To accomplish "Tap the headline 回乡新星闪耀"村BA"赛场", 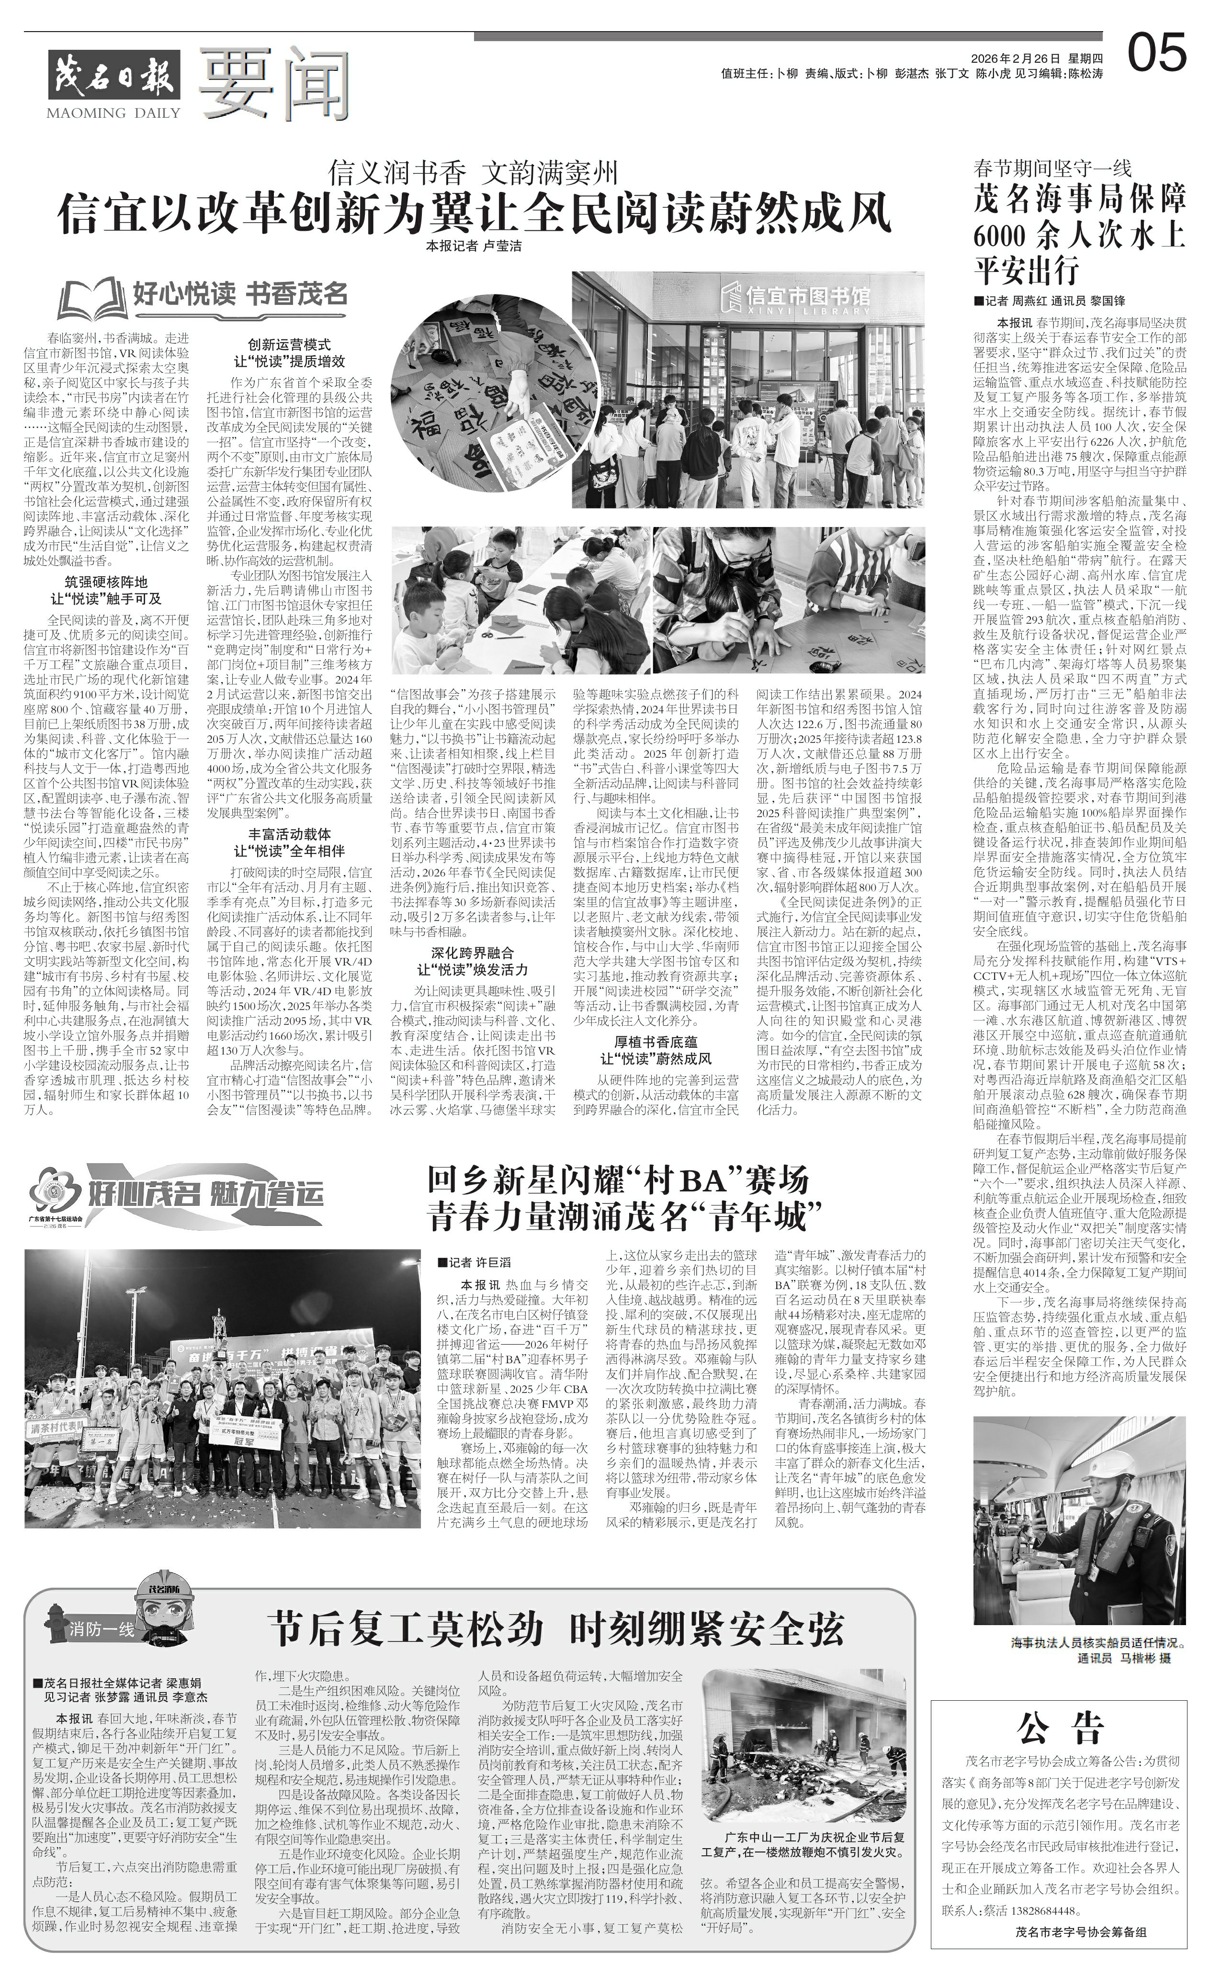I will pyautogui.click(x=617, y=1181).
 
